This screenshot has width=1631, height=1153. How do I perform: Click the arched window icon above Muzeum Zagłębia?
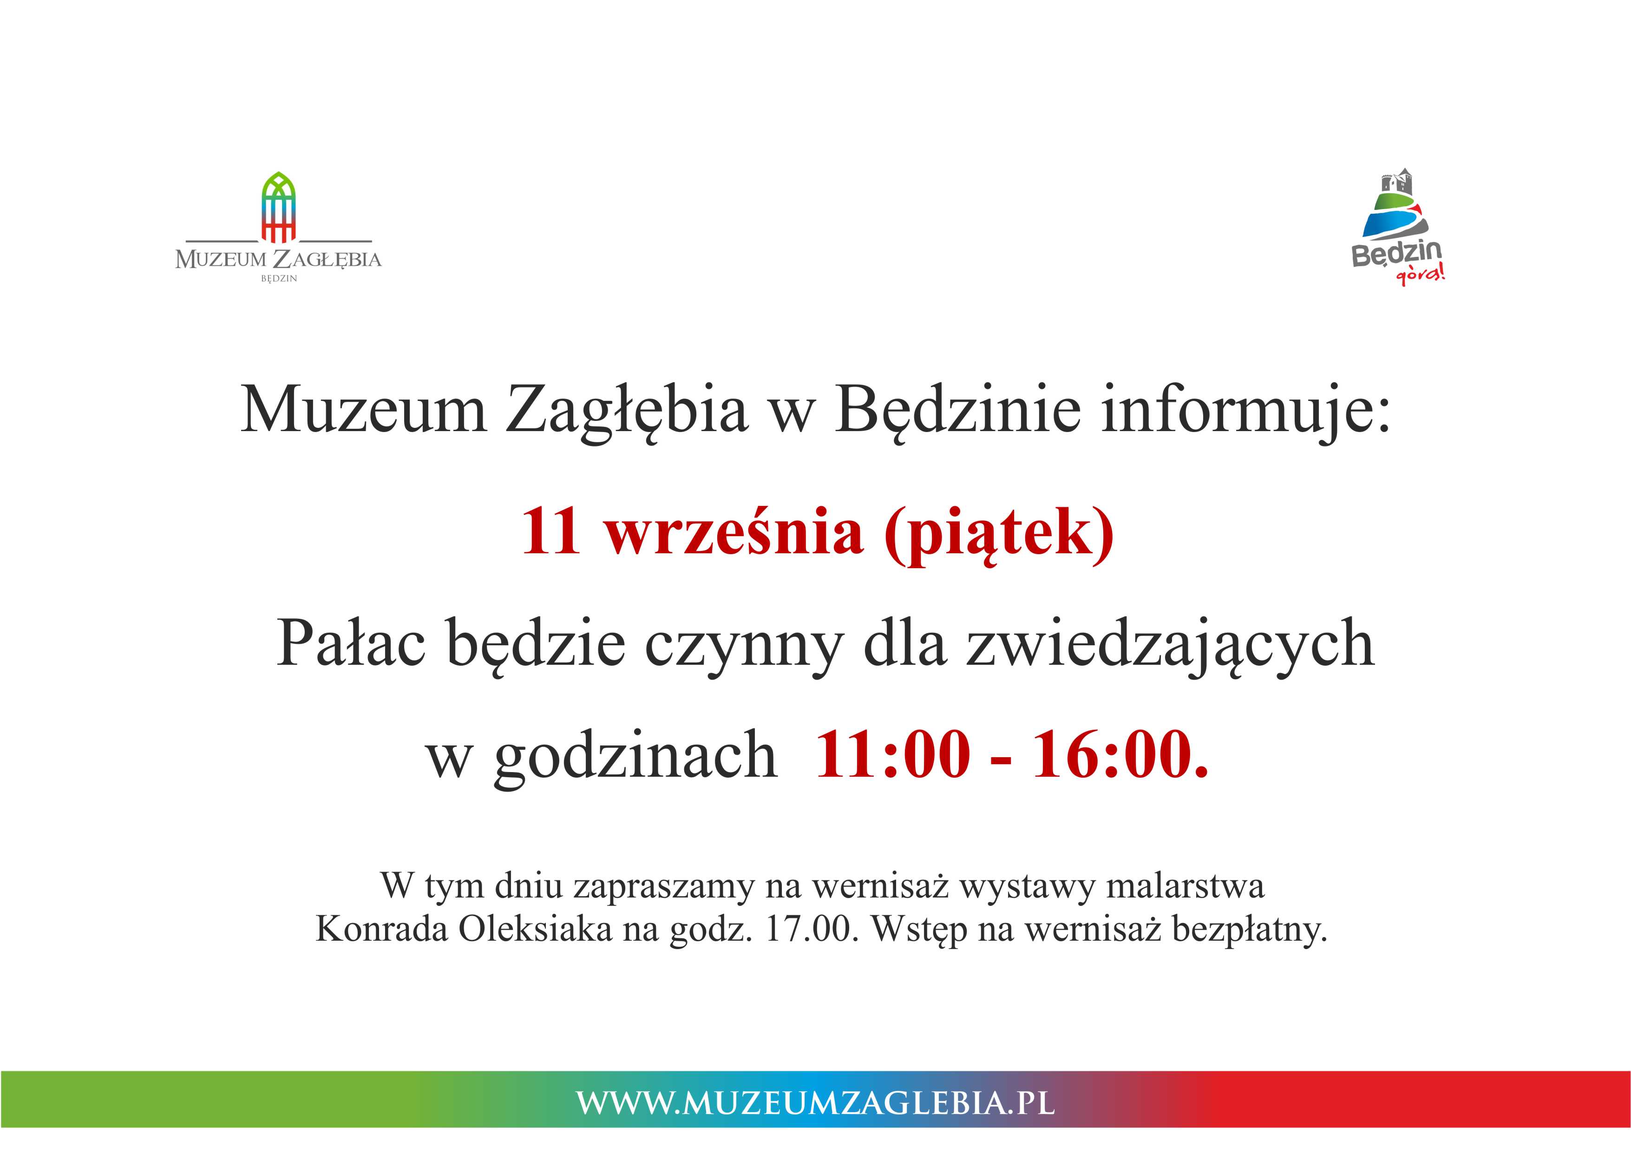tap(278, 207)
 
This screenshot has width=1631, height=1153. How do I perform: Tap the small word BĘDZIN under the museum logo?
tap(278, 278)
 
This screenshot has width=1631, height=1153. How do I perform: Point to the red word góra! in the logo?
tap(1421, 273)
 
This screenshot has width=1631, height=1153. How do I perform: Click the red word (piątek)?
tap(999, 534)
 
